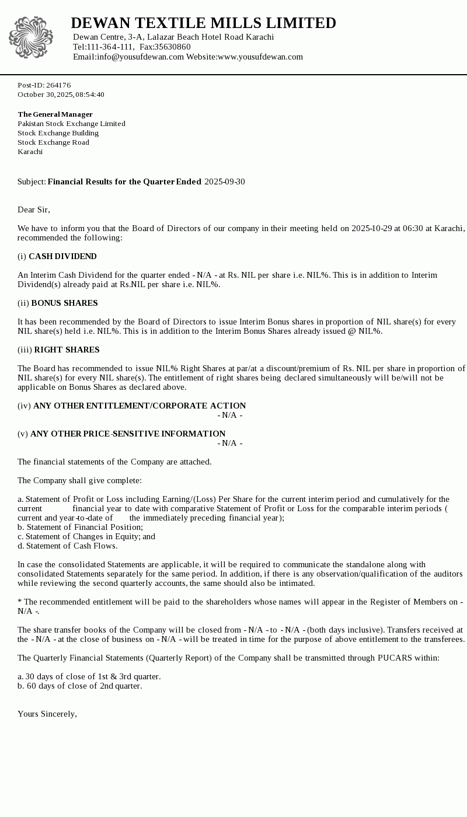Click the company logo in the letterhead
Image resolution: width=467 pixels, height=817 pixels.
[x=31, y=37]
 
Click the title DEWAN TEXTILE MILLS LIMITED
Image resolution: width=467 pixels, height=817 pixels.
[x=203, y=23]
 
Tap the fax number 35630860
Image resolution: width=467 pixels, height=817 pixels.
[x=172, y=47]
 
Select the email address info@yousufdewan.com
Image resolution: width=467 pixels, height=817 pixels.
[x=140, y=57]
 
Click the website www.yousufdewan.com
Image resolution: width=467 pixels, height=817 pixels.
[x=260, y=57]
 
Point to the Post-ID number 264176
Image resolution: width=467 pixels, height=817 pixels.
[x=58, y=85]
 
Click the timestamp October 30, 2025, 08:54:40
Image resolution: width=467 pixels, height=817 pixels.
[x=61, y=95]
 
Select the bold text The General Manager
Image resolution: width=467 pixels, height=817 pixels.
[x=55, y=114]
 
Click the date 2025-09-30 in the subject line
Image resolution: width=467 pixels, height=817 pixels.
[x=225, y=181]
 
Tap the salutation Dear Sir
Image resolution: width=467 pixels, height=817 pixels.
[x=34, y=210]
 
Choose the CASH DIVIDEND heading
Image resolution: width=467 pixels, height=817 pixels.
[x=62, y=256]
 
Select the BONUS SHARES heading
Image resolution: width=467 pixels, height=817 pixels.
[x=64, y=303]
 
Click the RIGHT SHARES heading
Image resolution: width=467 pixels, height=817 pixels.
[x=67, y=350]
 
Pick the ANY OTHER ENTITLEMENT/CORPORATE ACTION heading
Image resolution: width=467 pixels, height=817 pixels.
[x=140, y=406]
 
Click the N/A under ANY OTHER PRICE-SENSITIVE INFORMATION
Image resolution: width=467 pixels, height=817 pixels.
[x=230, y=443]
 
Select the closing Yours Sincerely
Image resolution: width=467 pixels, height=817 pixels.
[x=47, y=714]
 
